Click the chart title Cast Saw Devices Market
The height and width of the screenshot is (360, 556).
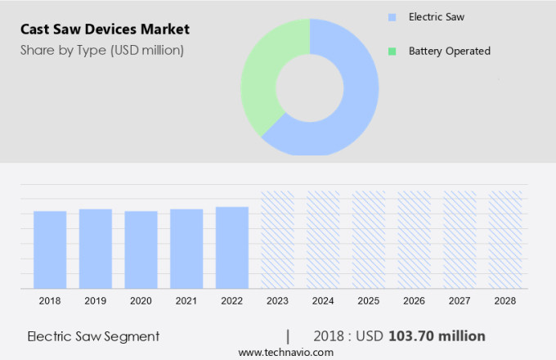(x=105, y=29)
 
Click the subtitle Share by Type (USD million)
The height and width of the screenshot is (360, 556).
(x=102, y=51)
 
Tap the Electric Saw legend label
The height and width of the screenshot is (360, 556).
(x=437, y=16)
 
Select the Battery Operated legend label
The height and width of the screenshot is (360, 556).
(x=449, y=51)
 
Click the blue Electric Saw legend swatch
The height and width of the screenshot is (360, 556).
(x=392, y=16)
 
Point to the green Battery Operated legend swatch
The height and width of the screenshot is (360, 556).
(x=392, y=51)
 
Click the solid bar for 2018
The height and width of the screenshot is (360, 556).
(x=50, y=250)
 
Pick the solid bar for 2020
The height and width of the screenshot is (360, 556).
(x=141, y=250)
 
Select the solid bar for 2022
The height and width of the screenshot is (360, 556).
(x=232, y=247)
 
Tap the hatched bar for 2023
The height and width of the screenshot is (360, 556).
(x=277, y=240)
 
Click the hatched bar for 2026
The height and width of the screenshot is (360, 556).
(x=414, y=240)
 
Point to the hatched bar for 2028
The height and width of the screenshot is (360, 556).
(x=504, y=240)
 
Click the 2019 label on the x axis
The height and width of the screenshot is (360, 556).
(x=95, y=301)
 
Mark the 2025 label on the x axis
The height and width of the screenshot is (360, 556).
(x=368, y=301)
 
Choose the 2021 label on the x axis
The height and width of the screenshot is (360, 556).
(x=186, y=301)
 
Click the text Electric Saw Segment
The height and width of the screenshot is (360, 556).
(x=93, y=336)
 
